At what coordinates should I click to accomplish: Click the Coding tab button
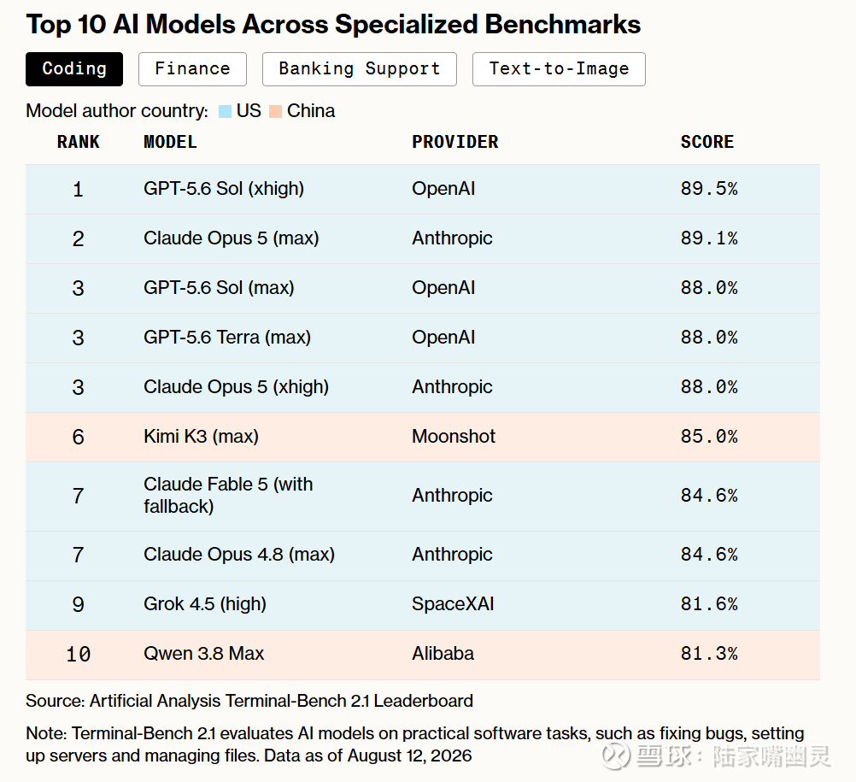click(74, 69)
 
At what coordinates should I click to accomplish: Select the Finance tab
click(192, 69)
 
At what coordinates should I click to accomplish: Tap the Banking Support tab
click(359, 69)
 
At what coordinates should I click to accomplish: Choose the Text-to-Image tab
click(559, 69)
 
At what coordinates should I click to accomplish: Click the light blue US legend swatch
click(225, 111)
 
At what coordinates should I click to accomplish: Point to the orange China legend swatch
click(276, 111)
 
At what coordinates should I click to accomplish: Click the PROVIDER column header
click(454, 142)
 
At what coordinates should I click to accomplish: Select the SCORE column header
click(707, 142)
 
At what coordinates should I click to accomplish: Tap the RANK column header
click(78, 142)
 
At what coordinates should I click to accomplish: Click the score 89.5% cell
click(709, 188)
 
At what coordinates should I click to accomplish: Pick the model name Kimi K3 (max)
click(201, 437)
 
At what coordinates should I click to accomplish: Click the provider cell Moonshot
click(454, 437)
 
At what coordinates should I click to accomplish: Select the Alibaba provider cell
click(443, 654)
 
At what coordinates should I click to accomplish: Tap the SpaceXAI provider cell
click(453, 604)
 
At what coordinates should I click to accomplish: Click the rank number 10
click(78, 654)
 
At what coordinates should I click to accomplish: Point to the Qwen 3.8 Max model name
click(203, 654)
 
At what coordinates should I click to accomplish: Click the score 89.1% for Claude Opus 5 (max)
click(709, 238)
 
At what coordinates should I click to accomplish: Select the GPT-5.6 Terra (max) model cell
click(227, 338)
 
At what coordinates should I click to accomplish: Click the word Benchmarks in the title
click(562, 25)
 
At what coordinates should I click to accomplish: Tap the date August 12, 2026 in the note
click(409, 756)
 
